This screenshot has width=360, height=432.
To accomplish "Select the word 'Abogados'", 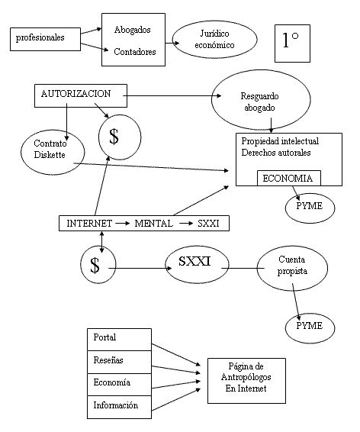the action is point(133,30).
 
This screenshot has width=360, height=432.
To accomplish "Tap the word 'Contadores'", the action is point(135,52).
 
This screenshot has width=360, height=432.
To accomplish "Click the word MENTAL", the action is point(154,223).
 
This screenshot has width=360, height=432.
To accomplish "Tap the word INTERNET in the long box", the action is point(89,223).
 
